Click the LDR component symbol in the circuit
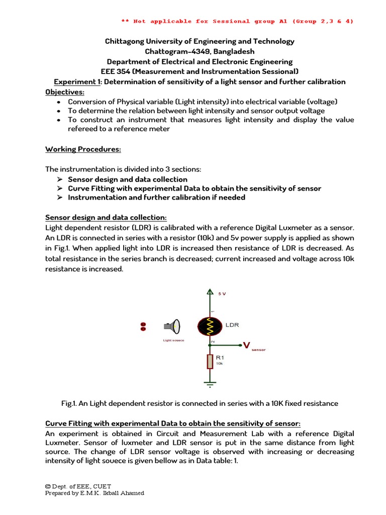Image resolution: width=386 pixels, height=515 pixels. coord(210,327)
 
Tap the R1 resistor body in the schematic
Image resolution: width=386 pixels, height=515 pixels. coord(210,361)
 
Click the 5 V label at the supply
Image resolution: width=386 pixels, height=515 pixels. coord(222,293)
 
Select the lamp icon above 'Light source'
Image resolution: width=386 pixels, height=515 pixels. coord(171,327)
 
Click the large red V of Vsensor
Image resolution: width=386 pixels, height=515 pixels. coord(247,345)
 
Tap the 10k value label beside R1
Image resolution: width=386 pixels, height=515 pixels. coord(219,363)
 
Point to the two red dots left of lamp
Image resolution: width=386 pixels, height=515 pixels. coord(143,326)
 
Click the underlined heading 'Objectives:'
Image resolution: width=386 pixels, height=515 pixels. coord(65,92)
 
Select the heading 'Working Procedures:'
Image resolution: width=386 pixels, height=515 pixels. coord(83,149)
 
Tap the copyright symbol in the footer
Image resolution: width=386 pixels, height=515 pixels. coord(48,486)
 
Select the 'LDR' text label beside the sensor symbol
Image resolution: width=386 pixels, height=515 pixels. coord(232,325)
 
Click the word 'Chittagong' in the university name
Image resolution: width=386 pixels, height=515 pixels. coord(124,41)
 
